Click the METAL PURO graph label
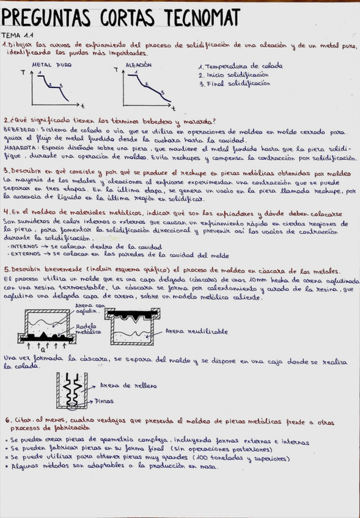(51, 64)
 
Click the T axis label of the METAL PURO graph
(23, 73)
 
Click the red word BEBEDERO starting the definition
(16, 130)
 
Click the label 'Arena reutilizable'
(196, 331)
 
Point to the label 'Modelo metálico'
(86, 329)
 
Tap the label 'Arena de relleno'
(128, 385)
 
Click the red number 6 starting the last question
(7, 420)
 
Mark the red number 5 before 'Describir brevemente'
(6, 269)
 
